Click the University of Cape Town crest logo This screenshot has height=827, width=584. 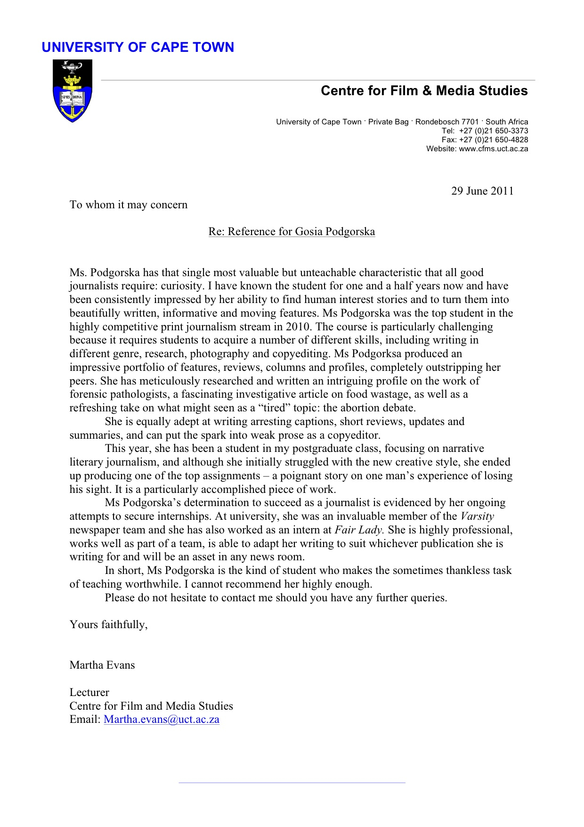[x=72, y=91]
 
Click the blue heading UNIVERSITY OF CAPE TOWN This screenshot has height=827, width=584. [x=138, y=47]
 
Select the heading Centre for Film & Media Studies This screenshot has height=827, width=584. [x=424, y=90]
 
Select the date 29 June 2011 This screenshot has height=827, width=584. [x=482, y=191]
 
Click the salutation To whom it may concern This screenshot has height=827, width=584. [x=128, y=205]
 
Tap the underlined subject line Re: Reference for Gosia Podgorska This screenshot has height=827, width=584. [x=292, y=231]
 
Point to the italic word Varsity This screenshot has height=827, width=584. [x=477, y=516]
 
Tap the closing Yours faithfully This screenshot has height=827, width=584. [x=108, y=624]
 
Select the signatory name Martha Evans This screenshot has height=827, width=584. [x=102, y=665]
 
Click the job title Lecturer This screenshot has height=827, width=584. [x=89, y=692]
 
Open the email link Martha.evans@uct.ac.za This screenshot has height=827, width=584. [x=162, y=719]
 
